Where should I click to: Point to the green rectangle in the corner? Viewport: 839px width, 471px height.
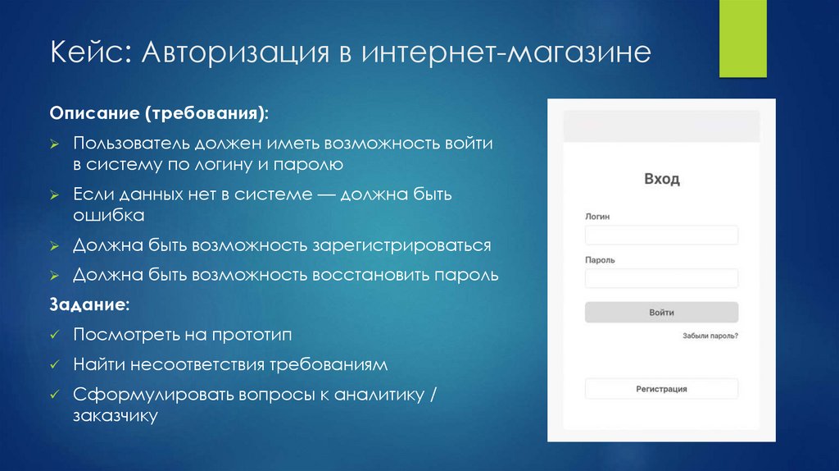742,39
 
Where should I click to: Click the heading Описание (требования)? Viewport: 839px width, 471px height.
158,111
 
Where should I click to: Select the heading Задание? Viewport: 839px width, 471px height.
89,304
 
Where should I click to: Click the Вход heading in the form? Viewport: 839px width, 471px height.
661,179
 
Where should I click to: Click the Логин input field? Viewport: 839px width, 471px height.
661,235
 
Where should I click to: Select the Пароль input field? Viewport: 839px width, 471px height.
661,278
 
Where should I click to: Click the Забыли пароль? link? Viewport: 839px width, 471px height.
710,336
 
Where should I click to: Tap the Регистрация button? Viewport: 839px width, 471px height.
661,389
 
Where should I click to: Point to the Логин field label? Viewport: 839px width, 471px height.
597,217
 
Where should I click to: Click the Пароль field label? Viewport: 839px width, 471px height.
600,260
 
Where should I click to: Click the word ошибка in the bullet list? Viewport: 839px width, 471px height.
108,216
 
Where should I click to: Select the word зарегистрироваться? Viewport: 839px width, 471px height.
401,245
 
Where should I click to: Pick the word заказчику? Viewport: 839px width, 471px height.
114,416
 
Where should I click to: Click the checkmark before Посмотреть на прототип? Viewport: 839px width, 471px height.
53,335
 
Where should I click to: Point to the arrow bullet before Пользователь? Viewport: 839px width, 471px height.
53,144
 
